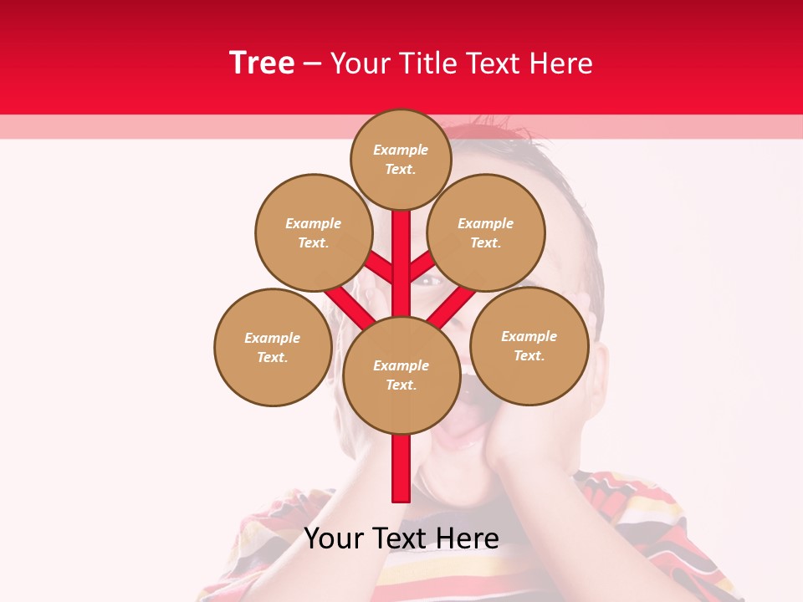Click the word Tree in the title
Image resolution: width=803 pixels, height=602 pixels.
(262, 64)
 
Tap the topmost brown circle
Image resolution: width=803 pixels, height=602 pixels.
(401, 159)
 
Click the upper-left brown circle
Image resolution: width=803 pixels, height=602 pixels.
(314, 232)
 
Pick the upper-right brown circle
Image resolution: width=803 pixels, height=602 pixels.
(486, 232)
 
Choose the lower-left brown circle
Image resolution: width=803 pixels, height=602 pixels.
(273, 347)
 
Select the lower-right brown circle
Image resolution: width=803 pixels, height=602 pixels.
(529, 345)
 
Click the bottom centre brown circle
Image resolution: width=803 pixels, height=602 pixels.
(401, 375)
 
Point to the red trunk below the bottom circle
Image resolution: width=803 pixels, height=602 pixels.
(401, 468)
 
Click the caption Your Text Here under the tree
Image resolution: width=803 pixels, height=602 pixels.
(401, 538)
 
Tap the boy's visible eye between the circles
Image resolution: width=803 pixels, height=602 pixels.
(428, 281)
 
